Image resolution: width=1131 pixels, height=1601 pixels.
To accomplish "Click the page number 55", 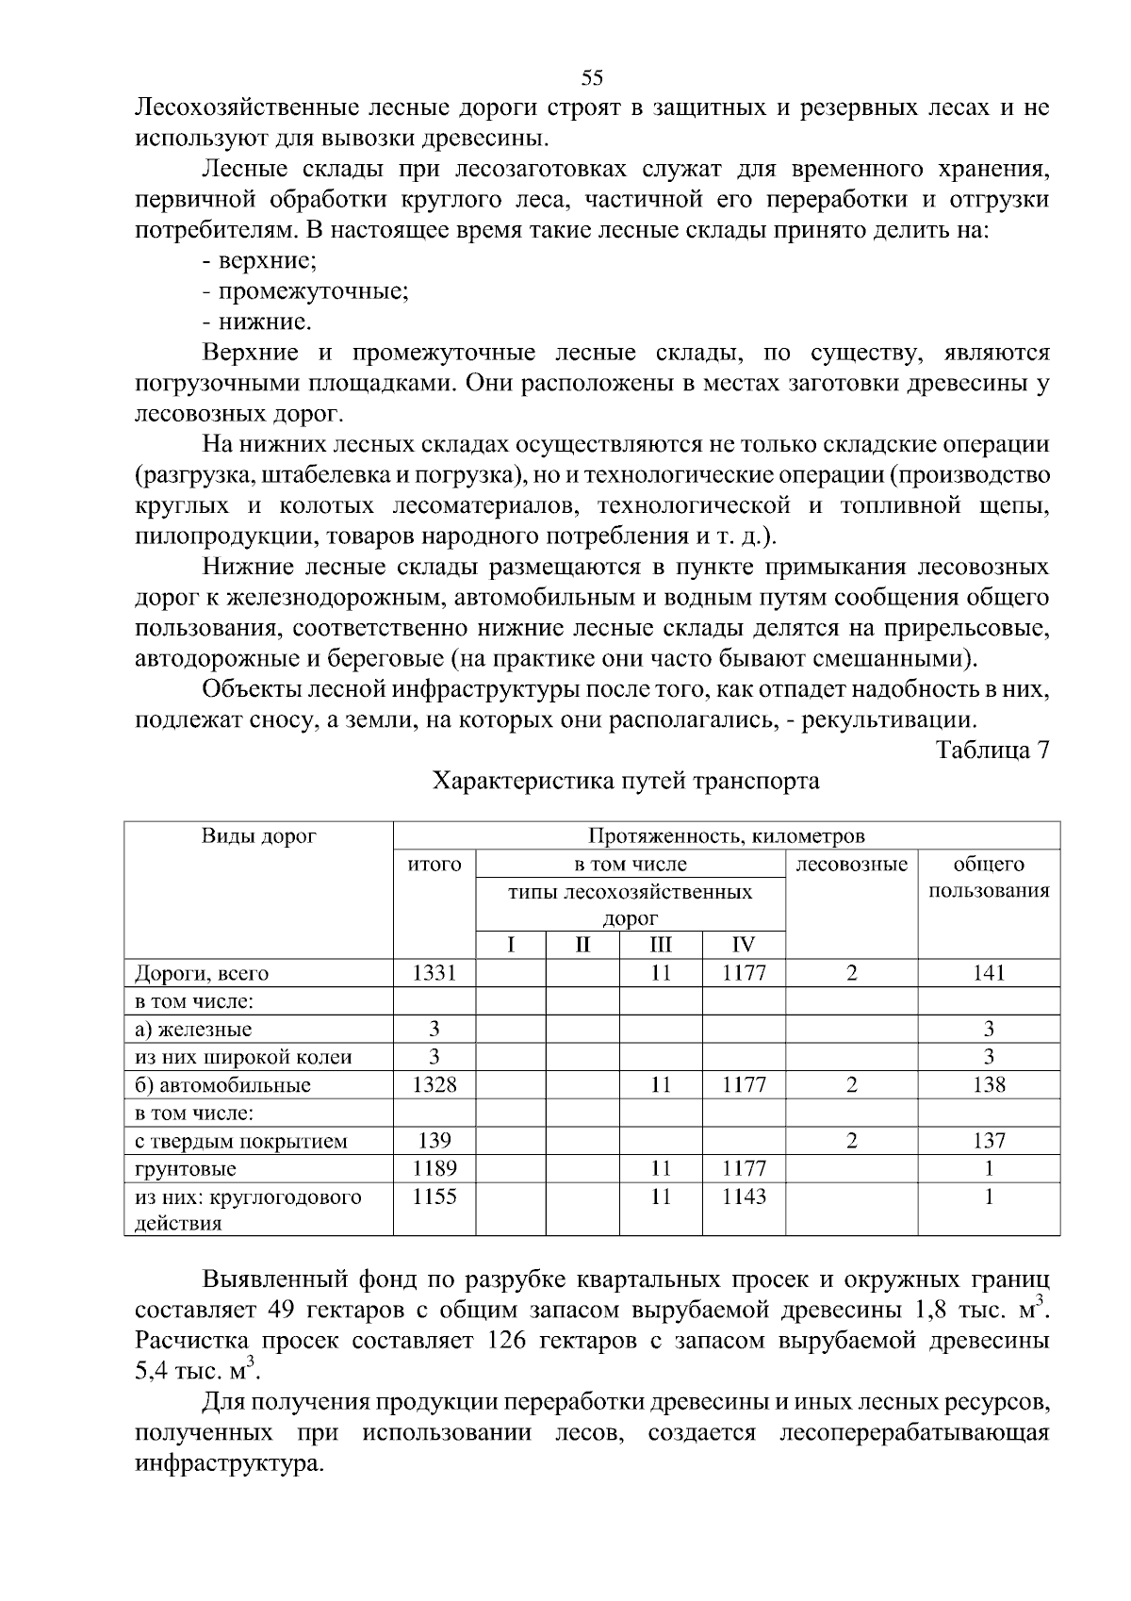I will click(x=592, y=77).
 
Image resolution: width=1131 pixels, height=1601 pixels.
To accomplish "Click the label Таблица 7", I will click(x=992, y=751).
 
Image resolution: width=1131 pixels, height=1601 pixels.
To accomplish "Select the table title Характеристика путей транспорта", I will click(x=626, y=782).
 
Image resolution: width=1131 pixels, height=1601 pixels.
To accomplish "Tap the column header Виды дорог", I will click(x=258, y=836).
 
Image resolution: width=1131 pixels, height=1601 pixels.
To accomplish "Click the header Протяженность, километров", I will click(x=726, y=836).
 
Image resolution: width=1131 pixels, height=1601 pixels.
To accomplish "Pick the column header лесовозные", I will click(x=851, y=865).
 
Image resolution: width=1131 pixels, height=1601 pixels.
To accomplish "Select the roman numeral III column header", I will click(x=661, y=946).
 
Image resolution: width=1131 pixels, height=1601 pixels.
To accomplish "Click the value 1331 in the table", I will click(x=434, y=973).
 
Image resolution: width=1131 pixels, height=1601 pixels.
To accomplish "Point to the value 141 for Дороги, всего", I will click(x=989, y=973).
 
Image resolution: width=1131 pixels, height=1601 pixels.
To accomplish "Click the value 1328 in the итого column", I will click(x=434, y=1085).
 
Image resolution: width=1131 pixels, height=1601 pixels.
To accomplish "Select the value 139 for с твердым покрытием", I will click(x=434, y=1141).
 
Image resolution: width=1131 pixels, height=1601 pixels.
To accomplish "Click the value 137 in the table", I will click(x=989, y=1141).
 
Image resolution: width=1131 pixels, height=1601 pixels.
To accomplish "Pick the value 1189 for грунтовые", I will click(x=434, y=1169).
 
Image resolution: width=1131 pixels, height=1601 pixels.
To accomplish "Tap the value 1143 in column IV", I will click(x=744, y=1197).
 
